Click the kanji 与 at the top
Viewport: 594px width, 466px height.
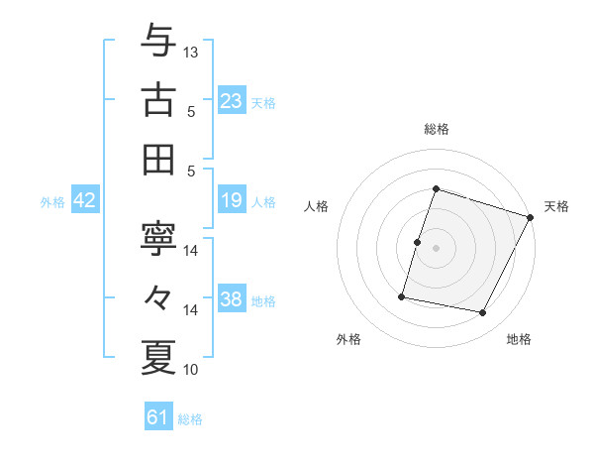tap(158, 42)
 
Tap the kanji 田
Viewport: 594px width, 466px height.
tap(158, 158)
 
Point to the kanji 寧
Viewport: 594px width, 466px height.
tap(158, 239)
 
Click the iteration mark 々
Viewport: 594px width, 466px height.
tap(158, 297)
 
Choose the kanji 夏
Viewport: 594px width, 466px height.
tap(158, 356)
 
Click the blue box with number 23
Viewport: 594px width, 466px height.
tap(232, 101)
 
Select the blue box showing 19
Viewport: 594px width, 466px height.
tap(232, 201)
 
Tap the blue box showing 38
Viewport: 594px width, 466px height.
tap(232, 299)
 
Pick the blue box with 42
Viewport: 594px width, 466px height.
tap(85, 201)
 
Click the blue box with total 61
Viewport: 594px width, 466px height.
tap(158, 417)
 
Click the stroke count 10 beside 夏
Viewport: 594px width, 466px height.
tap(191, 370)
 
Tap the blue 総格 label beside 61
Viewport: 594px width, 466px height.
tap(190, 419)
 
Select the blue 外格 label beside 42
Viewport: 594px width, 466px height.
tap(52, 202)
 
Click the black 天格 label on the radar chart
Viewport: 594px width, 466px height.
tap(556, 206)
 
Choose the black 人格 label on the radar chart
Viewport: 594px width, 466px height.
tap(316, 206)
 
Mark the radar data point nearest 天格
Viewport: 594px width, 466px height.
tap(531, 218)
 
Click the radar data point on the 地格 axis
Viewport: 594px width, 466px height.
tap(483, 313)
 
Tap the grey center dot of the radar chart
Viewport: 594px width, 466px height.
tap(436, 248)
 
